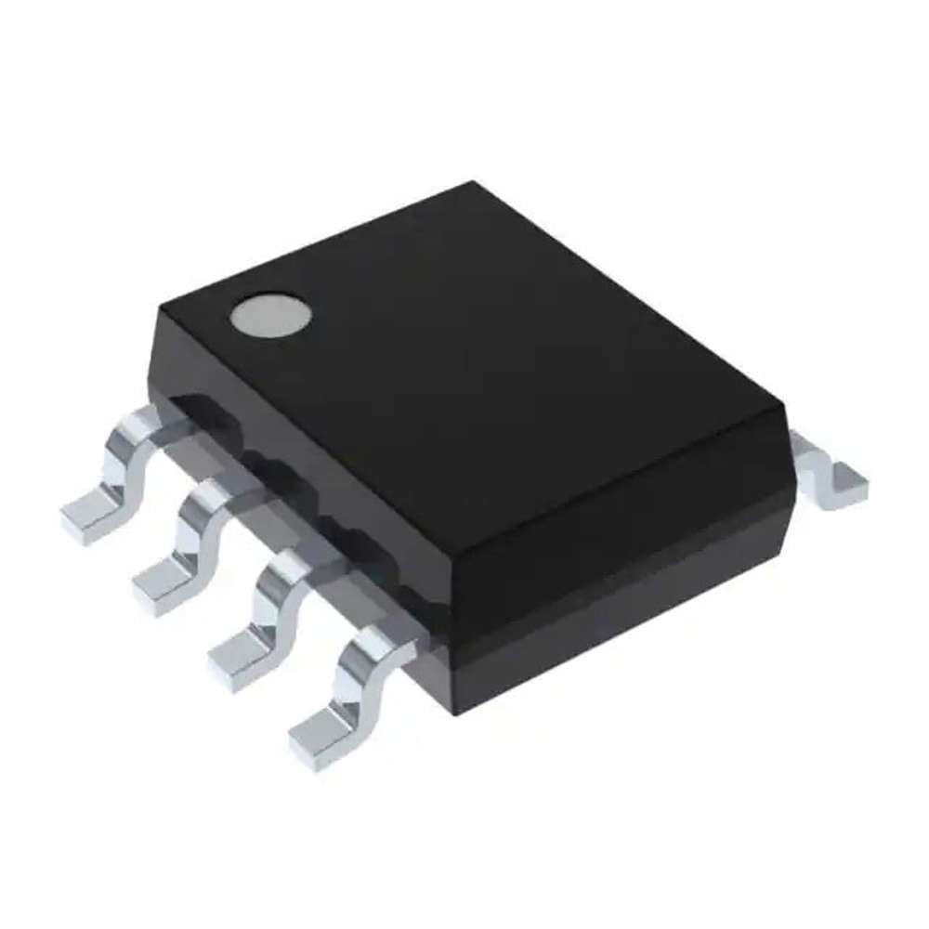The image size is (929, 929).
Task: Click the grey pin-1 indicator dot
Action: (x=270, y=316)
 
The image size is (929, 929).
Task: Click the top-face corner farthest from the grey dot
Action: (x=786, y=409)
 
